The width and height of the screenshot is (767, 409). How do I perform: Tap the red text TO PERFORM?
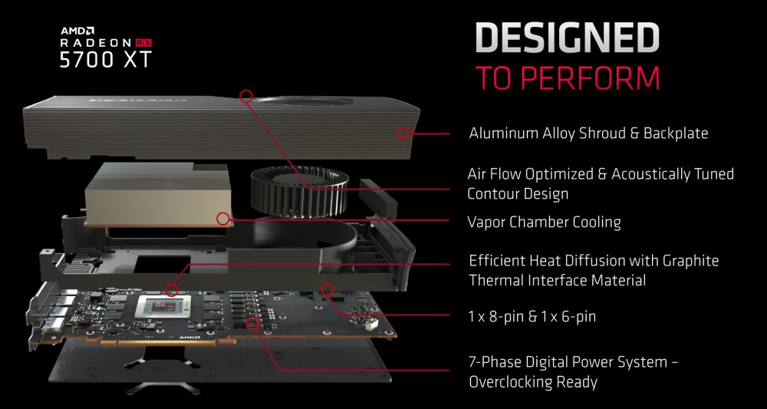pyautogui.click(x=567, y=78)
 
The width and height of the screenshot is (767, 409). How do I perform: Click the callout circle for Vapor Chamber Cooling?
pyautogui.click(x=223, y=219)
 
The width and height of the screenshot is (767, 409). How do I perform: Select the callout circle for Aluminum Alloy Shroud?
pyautogui.click(x=404, y=134)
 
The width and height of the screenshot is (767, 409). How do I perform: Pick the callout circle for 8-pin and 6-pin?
pyautogui.click(x=328, y=290)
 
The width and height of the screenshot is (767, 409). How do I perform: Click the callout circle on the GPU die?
pyautogui.click(x=173, y=290)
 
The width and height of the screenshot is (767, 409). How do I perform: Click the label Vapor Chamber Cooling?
pyautogui.click(x=544, y=223)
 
